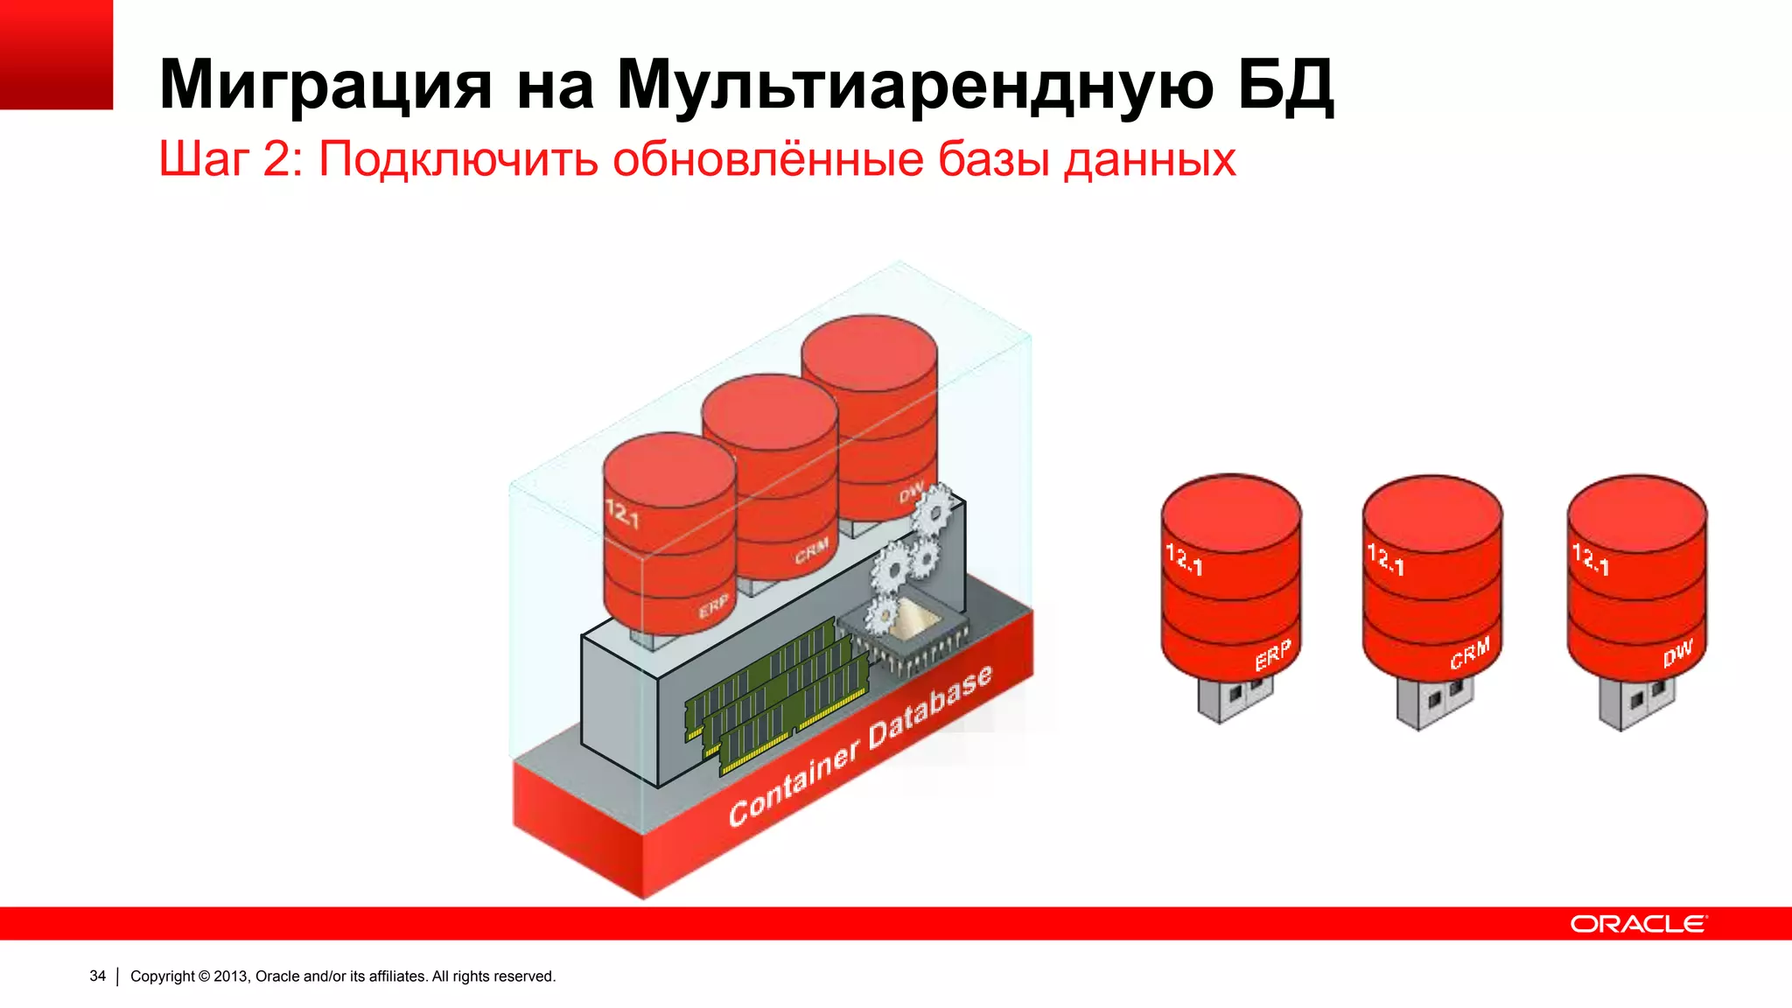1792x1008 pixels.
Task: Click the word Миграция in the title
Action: (325, 85)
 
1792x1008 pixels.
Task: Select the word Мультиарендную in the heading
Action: (914, 85)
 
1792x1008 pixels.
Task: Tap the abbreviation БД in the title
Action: (1285, 85)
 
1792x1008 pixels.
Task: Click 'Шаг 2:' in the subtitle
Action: (230, 159)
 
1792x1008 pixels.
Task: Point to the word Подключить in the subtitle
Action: (458, 159)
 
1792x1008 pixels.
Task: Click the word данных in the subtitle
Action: (1149, 159)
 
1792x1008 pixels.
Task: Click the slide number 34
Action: (97, 976)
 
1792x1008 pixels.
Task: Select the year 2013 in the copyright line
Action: (231, 976)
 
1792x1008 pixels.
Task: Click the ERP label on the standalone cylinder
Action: (1272, 655)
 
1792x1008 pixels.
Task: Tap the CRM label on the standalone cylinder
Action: (1469, 653)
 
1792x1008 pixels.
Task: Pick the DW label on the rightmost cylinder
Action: (1677, 653)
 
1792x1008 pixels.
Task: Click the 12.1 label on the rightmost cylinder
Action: (1590, 558)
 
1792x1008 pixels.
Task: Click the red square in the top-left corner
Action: (56, 54)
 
